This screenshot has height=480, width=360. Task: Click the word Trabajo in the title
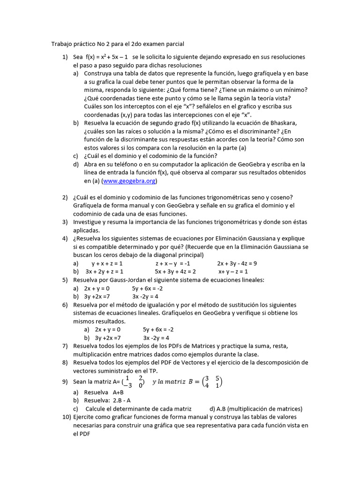(62, 44)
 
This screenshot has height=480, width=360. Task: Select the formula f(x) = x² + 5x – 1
(107, 57)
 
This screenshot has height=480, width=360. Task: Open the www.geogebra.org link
(129, 181)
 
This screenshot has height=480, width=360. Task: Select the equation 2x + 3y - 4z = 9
(237, 263)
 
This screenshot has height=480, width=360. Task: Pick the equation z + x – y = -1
(172, 263)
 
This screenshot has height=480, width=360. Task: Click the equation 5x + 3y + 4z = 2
(175, 271)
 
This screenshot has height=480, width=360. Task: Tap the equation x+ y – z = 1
(233, 271)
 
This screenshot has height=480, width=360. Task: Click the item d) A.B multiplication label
(255, 409)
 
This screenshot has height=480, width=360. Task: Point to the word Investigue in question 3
(89, 222)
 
